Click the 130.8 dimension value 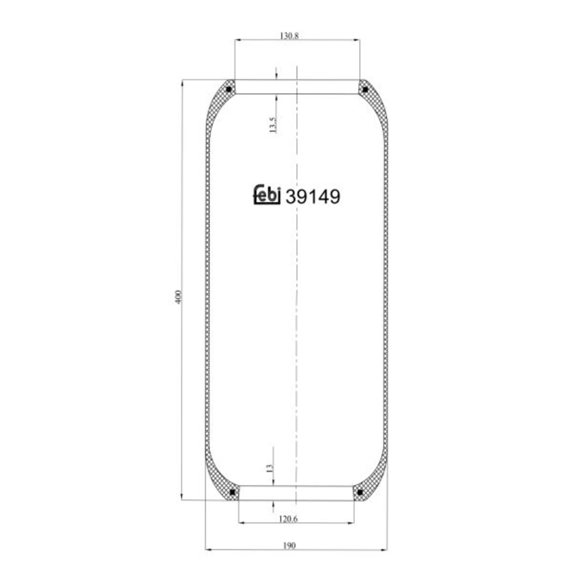click(289, 36)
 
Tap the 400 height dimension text click(178, 296)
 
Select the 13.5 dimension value click(273, 125)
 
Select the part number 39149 click(313, 196)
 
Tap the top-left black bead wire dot click(228, 89)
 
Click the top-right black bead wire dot click(365, 89)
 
